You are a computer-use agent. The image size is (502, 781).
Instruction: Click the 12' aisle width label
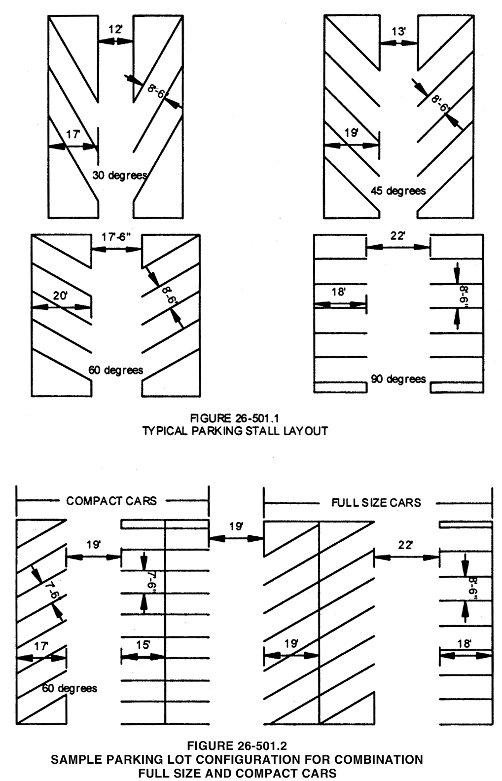(x=115, y=30)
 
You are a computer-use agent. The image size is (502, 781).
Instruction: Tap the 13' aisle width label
(x=398, y=32)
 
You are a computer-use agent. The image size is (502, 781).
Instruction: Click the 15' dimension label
(x=143, y=644)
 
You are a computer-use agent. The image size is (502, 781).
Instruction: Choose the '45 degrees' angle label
(x=398, y=190)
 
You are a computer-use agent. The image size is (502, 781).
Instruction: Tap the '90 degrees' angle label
(x=398, y=379)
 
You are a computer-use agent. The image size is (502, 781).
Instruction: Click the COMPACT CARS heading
(x=111, y=501)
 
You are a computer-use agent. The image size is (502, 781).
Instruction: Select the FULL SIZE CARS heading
(x=376, y=503)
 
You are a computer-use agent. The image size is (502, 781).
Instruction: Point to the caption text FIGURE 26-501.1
(x=235, y=418)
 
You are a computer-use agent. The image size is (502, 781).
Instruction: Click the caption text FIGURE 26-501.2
(x=237, y=745)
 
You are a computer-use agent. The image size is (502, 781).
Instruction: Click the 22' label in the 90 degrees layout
(x=397, y=236)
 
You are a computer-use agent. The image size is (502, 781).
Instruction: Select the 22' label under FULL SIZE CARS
(x=406, y=545)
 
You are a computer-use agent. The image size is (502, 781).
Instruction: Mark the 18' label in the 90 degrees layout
(x=338, y=292)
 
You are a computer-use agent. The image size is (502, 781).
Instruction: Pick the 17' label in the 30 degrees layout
(x=73, y=134)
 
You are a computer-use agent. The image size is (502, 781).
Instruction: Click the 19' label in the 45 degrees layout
(x=351, y=133)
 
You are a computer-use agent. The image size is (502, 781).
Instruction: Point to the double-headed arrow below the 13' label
(x=398, y=43)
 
